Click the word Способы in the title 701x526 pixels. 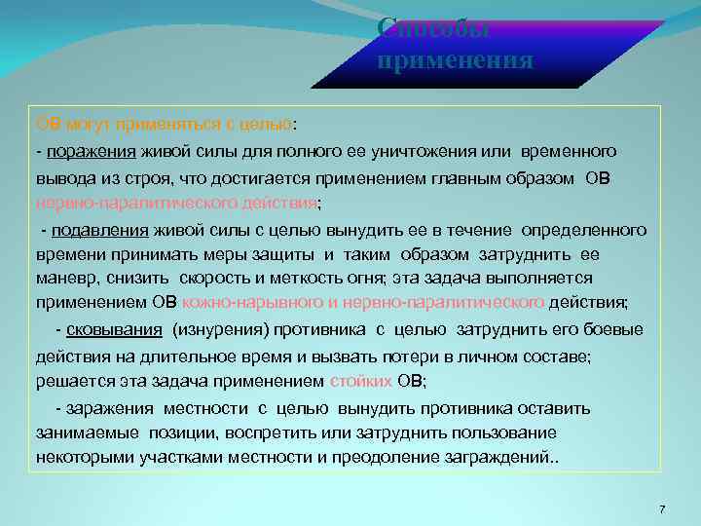point(432,28)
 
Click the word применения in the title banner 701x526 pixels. point(455,61)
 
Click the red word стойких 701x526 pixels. point(361,381)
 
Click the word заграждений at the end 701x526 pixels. point(500,457)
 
